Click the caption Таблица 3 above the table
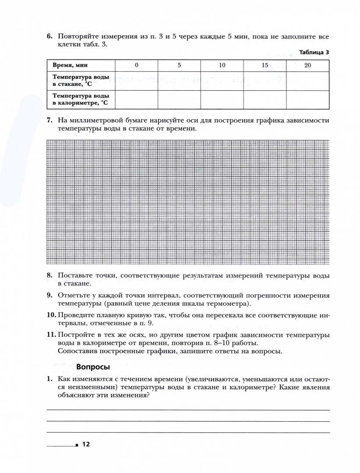pos(314,53)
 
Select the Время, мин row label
pos(70,65)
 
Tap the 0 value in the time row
pos(136,65)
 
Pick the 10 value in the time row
pos(222,65)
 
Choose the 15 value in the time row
pos(265,65)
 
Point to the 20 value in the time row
pos(307,65)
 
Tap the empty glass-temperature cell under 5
pos(179,81)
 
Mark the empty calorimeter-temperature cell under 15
pos(265,99)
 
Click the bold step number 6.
pos(49,36)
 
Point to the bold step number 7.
pos(49,120)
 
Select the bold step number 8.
pos(49,275)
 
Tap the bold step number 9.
pos(49,296)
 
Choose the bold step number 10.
pos(51,315)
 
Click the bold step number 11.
pos(51,335)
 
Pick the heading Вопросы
pos(93,367)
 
